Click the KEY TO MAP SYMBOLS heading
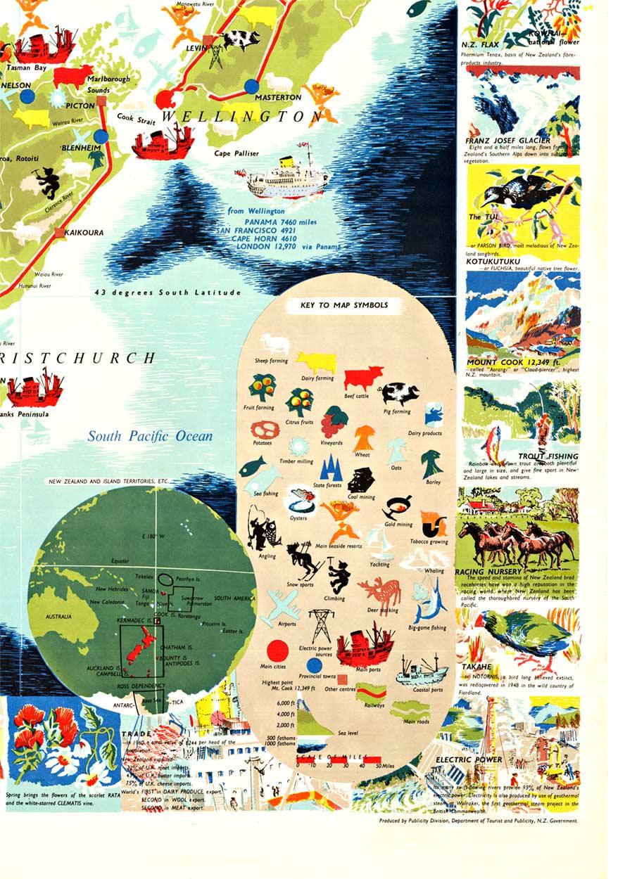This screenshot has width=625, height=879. [x=343, y=305]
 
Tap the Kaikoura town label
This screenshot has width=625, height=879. [x=84, y=232]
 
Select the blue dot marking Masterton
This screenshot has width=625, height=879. [x=251, y=86]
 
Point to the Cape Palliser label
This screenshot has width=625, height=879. [x=236, y=153]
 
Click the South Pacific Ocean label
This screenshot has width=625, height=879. [x=150, y=436]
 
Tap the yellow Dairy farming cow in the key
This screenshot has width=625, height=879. [x=316, y=362]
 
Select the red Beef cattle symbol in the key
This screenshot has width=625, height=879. [x=363, y=378]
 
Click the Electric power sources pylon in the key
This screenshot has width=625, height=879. [x=322, y=624]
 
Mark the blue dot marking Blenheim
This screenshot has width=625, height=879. [x=101, y=136]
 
